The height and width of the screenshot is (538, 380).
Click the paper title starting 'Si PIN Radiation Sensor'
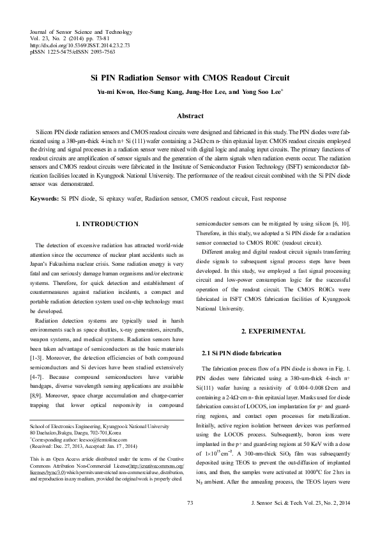190,78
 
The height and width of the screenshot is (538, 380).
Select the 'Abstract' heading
190,116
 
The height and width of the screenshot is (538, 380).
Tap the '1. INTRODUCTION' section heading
107,224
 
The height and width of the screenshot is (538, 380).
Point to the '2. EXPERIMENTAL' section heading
273,331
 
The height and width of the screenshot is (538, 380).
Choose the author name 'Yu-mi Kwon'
114,92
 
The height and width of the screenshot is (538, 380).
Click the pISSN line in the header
72,52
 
